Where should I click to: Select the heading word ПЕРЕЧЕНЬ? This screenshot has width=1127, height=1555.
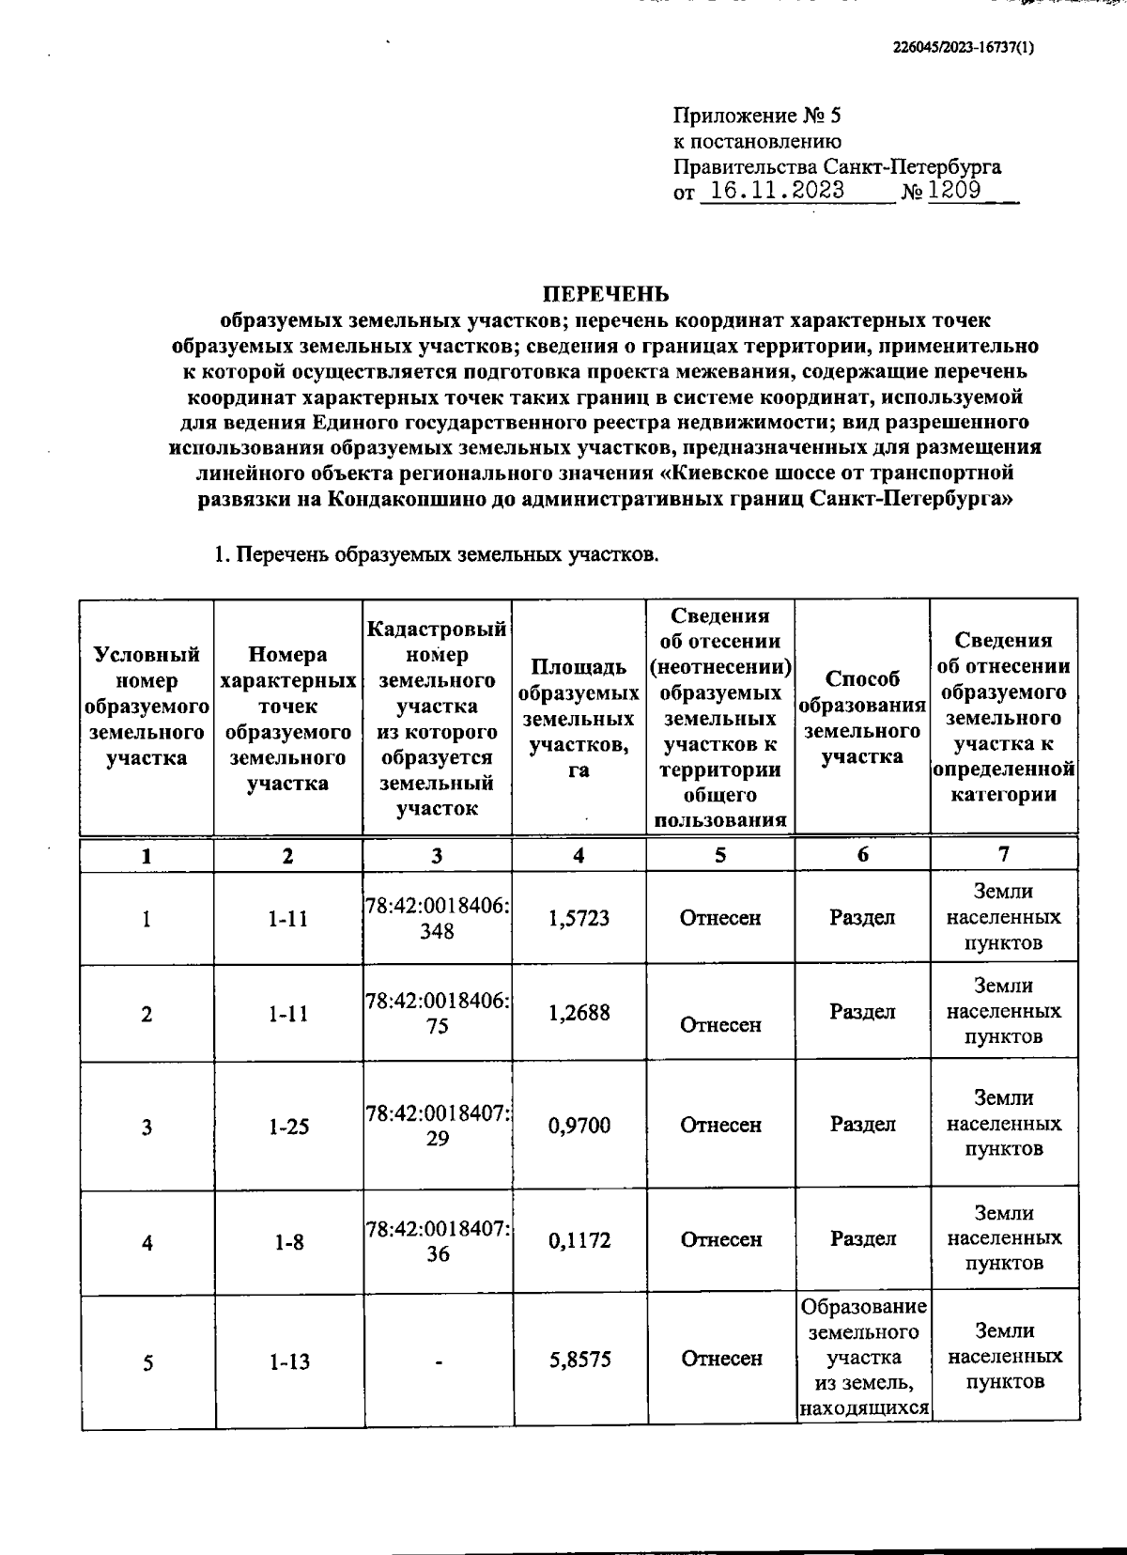[x=609, y=294]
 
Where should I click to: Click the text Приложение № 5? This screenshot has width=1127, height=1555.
[x=757, y=117]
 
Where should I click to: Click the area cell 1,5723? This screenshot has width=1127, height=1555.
[x=579, y=918]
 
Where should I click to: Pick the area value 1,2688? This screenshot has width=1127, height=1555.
[x=579, y=1013]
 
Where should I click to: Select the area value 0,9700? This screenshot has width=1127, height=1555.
[x=579, y=1125]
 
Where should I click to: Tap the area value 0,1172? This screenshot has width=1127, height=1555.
[x=579, y=1240]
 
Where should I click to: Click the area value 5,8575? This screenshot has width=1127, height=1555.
[x=579, y=1359]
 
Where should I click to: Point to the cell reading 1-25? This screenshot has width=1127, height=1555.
[x=287, y=1126]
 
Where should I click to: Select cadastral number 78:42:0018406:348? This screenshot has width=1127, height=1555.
[x=438, y=917]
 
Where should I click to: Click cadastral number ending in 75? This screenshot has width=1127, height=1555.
[x=438, y=1013]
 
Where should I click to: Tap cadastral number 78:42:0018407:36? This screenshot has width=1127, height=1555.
[x=438, y=1241]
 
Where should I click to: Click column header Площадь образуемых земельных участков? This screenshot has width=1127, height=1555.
[x=579, y=719]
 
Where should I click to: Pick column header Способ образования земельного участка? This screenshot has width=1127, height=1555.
[x=862, y=717]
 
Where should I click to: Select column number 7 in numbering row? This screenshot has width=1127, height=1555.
[x=1003, y=854]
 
